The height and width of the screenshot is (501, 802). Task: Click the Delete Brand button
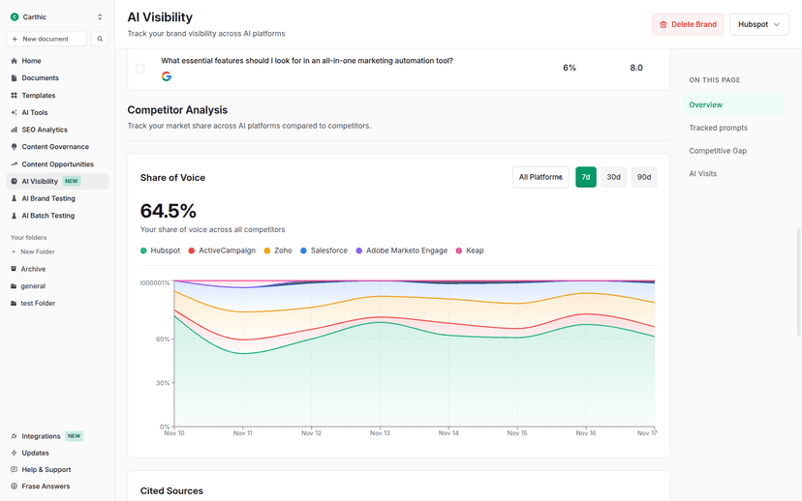(688, 24)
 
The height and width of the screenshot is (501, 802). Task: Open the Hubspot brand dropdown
(758, 24)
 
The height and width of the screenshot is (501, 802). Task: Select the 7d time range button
(585, 177)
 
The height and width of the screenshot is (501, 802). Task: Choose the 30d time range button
(613, 177)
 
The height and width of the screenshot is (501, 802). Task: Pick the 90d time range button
(643, 177)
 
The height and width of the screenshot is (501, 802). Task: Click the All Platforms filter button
(540, 177)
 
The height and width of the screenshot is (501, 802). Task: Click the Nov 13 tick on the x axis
(380, 433)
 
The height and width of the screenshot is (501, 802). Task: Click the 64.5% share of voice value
(169, 211)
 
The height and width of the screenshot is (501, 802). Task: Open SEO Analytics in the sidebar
(45, 130)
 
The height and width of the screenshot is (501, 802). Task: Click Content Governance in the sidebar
(55, 147)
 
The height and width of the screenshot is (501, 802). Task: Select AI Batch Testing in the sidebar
(47, 216)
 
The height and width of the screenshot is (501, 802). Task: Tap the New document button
(46, 39)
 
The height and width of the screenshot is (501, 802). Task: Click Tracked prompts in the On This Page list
(718, 128)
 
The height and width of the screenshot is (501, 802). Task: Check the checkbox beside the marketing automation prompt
(140, 69)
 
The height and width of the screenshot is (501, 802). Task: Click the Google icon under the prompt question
(167, 76)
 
